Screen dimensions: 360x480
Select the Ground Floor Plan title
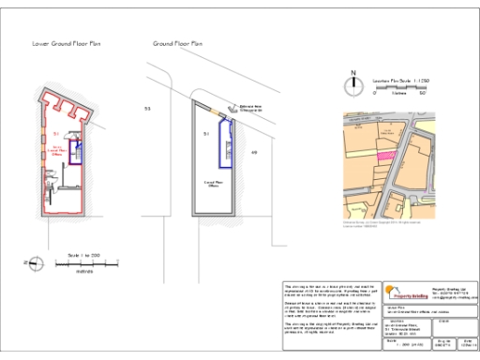tap(177, 44)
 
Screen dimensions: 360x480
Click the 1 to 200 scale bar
tap(83, 262)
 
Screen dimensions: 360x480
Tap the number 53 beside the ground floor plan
tap(147, 110)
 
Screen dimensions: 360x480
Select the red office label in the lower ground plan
tap(55, 150)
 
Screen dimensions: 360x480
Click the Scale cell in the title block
tap(423, 347)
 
